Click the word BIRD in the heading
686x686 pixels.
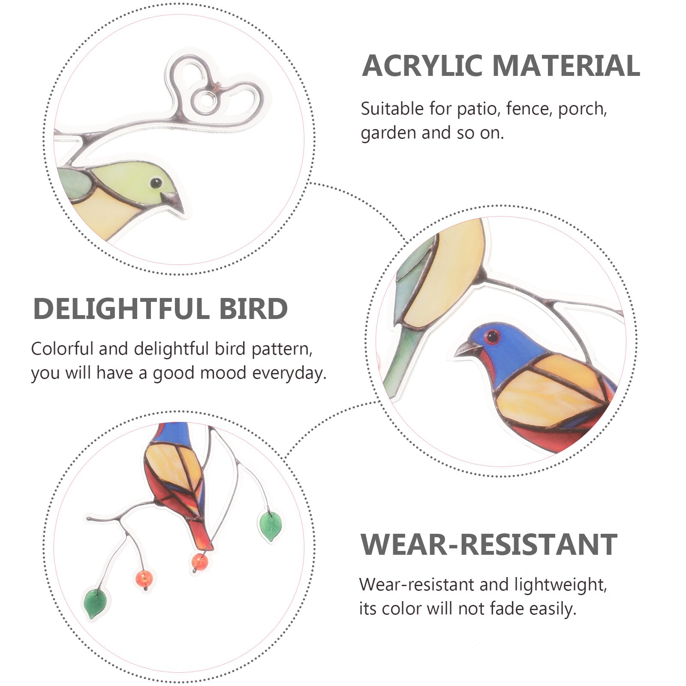(x=253, y=309)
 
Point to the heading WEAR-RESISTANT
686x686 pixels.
(x=489, y=545)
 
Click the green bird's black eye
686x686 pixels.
(x=156, y=183)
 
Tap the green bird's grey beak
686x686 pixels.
(x=173, y=202)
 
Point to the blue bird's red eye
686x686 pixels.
(x=493, y=337)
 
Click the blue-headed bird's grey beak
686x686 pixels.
(x=466, y=349)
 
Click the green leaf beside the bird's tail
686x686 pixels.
(x=270, y=526)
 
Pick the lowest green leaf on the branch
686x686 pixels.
(x=95, y=603)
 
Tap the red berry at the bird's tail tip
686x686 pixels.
(x=199, y=561)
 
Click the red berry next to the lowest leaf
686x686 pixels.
(x=144, y=578)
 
